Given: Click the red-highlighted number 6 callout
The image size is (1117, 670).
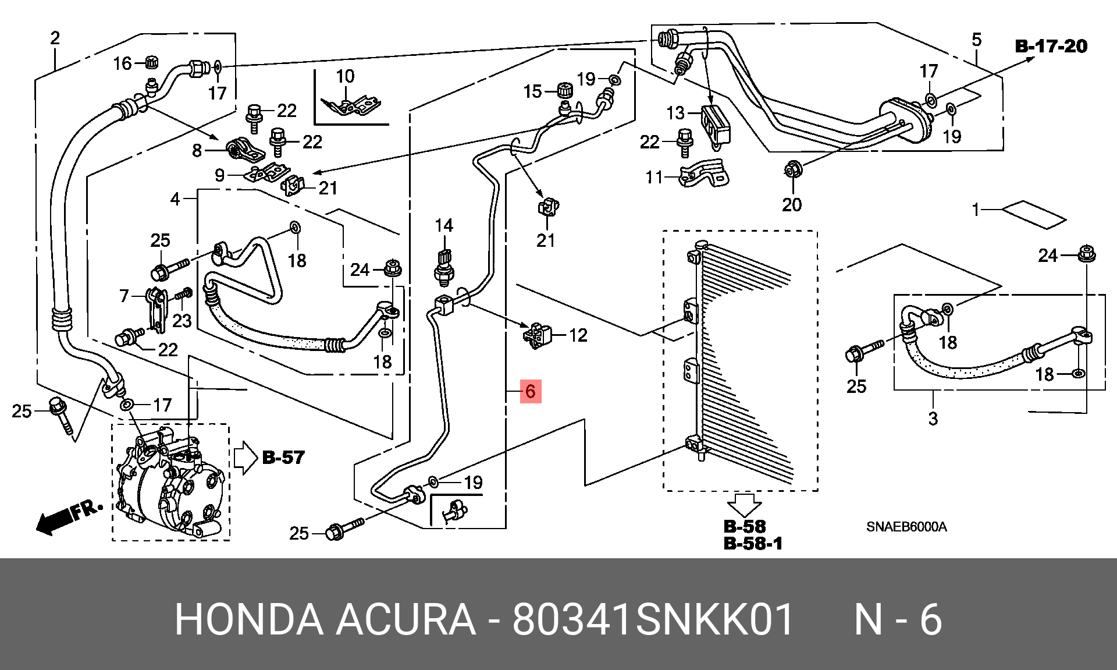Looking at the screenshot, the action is coord(530,391).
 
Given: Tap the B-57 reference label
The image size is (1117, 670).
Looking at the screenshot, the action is coord(283,458).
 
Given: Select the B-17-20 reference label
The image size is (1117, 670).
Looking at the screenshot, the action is coord(1051,46).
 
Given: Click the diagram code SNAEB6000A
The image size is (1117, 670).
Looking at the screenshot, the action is coord(906,527).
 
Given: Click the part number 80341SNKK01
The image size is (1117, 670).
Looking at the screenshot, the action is coord(653,620).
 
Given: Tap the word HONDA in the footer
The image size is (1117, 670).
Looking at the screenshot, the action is coord(249,620).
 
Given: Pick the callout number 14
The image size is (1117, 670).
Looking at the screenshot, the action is coord(444,225).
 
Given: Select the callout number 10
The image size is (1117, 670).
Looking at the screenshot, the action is coord(345,76).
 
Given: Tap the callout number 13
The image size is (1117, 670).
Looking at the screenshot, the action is coord(675,113).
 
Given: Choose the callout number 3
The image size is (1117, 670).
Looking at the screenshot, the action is coord(933,418).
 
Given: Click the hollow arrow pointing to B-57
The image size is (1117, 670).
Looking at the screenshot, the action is coord(245,457).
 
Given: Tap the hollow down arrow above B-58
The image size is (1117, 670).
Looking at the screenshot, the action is coord(746,504).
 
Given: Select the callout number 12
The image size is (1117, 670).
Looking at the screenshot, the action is coord(578,335).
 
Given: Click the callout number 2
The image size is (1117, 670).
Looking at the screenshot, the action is coord(55,38).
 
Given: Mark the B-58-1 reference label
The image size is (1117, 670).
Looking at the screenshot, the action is coord(753,543).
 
